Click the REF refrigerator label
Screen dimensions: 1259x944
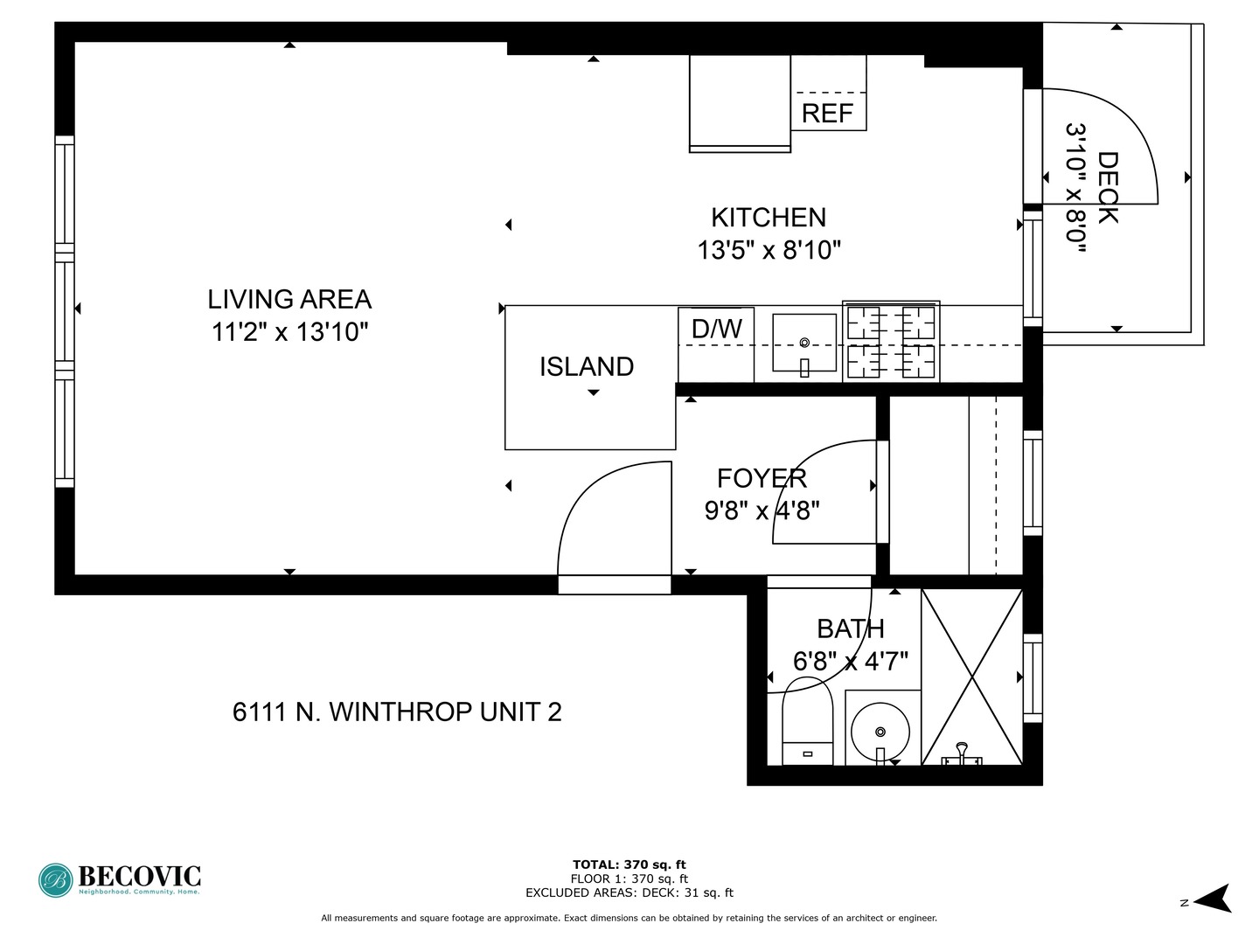(826, 114)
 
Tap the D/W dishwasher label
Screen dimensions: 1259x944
(716, 329)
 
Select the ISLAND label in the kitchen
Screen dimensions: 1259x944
(586, 367)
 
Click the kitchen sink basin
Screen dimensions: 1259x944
(804, 343)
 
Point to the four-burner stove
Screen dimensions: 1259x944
(891, 342)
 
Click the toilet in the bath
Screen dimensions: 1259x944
(807, 721)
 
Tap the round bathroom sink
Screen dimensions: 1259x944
(880, 732)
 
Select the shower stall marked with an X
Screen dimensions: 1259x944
(971, 677)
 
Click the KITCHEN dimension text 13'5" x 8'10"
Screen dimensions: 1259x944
(769, 251)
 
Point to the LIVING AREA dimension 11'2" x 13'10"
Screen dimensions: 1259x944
(289, 332)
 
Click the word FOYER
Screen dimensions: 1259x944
(762, 478)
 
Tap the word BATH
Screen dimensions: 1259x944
(850, 628)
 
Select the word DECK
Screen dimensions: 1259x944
(1108, 187)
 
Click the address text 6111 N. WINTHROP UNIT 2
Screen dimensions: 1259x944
(397, 711)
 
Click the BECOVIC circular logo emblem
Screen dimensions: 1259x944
(56, 880)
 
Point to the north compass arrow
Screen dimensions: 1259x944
(1214, 898)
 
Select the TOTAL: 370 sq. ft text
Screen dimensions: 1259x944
(629, 864)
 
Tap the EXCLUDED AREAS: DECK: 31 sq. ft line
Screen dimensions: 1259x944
(629, 892)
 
